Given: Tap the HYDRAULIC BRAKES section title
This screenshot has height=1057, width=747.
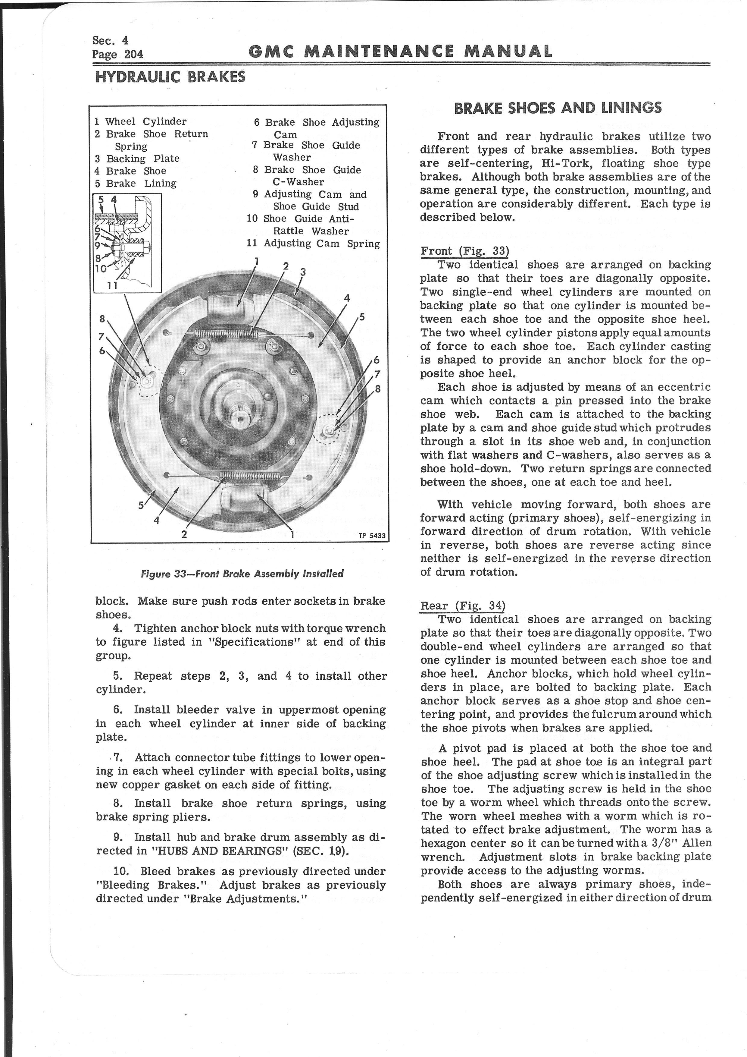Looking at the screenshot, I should (x=170, y=77).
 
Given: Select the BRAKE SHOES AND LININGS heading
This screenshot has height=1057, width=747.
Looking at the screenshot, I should (x=558, y=108).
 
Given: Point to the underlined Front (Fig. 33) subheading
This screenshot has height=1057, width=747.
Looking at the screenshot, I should (x=464, y=251).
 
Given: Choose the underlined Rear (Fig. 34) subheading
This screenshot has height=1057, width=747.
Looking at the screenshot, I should (x=463, y=606).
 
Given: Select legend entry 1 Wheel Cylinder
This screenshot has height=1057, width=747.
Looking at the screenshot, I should (x=141, y=121).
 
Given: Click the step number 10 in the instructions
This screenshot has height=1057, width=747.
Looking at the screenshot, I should (x=122, y=871).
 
